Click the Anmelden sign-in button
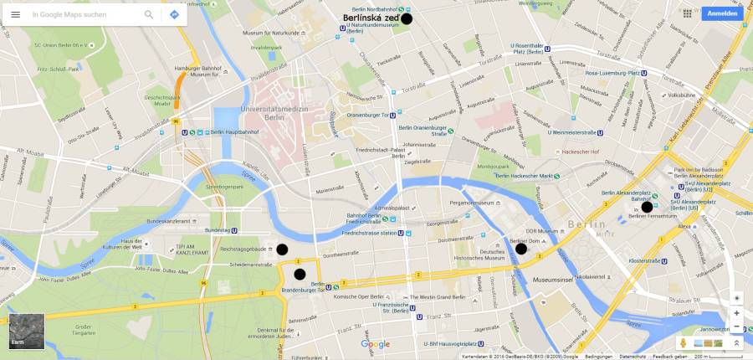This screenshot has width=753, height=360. tap(723, 14)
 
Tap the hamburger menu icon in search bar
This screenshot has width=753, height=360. tap(15, 14)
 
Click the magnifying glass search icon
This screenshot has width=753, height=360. tap(149, 14)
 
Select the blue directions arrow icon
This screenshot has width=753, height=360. tap(174, 14)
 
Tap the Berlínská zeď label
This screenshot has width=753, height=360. tap(371, 18)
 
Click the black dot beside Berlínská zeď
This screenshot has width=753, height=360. tap(407, 18)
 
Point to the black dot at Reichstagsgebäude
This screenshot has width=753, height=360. tap(283, 249)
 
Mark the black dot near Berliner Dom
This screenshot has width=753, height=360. tap(521, 249)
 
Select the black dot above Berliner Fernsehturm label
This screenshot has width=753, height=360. tap(647, 207)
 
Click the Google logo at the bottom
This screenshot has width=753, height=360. tap(376, 344)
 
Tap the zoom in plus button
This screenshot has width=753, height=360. tap(736, 313)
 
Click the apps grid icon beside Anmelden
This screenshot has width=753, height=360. tap(687, 14)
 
